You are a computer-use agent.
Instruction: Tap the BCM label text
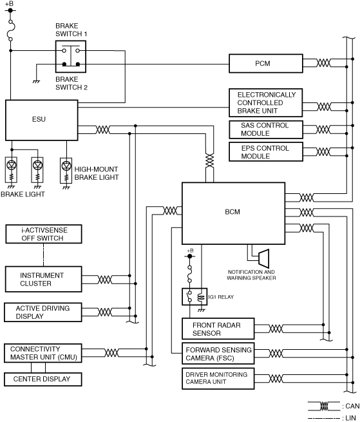[232, 212]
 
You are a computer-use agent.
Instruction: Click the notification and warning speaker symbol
[263, 258]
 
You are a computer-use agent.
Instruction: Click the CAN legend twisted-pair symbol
[324, 406]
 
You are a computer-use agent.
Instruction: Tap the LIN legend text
[350, 418]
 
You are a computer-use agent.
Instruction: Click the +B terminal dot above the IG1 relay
[190, 256]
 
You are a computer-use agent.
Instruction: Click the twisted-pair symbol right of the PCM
[323, 63]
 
